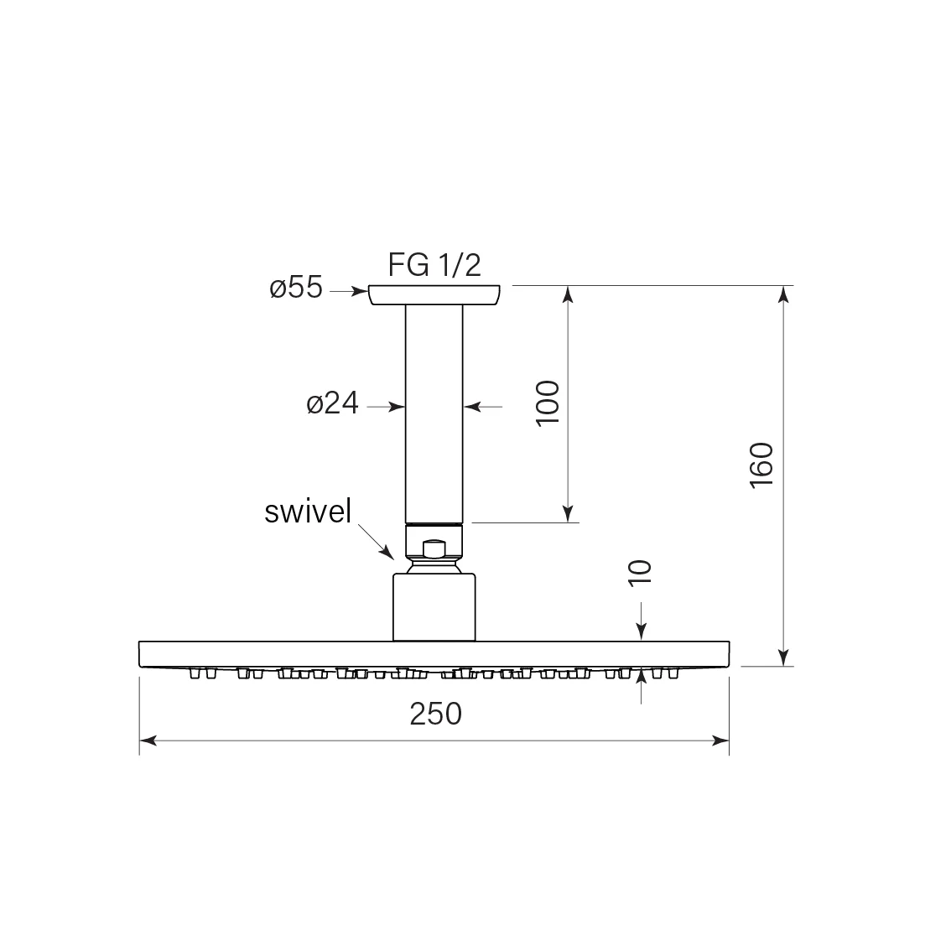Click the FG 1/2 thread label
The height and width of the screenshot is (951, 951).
tap(434, 265)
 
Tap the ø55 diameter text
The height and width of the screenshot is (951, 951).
tap(296, 287)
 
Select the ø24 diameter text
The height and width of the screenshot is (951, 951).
tap(332, 403)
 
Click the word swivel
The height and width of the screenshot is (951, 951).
tap(308, 512)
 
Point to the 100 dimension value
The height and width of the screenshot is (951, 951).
tap(548, 403)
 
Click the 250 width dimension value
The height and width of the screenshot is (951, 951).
tap(435, 714)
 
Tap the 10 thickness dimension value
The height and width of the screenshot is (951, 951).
tap(640, 573)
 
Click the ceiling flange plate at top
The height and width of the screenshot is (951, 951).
tap(434, 294)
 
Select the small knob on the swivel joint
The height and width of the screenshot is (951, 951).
tap(434, 549)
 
